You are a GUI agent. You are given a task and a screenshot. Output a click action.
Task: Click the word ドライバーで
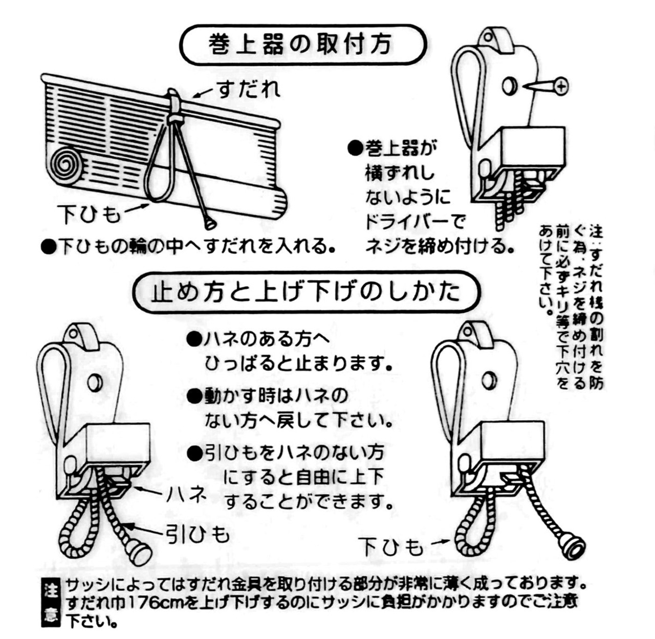pos(414,221)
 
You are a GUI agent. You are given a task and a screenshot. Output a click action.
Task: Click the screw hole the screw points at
pos(510,86)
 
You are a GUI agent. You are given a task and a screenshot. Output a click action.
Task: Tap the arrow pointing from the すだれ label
pos(204,93)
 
